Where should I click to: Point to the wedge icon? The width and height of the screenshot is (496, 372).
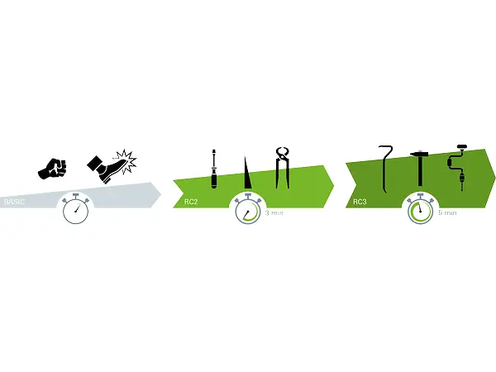click(x=246, y=173)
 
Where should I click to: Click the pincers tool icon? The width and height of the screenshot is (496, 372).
click(x=283, y=169)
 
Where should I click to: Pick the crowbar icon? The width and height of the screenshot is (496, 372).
click(x=385, y=166)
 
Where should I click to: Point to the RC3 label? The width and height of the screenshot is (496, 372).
click(x=361, y=201)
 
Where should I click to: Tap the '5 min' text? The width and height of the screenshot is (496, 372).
click(x=447, y=212)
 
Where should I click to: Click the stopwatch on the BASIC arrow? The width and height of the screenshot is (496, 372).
click(x=76, y=209)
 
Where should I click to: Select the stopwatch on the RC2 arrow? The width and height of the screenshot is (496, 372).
click(x=247, y=209)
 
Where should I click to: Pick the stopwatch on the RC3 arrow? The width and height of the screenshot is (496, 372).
click(x=420, y=209)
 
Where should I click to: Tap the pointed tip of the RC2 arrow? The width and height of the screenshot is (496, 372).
click(x=332, y=181)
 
